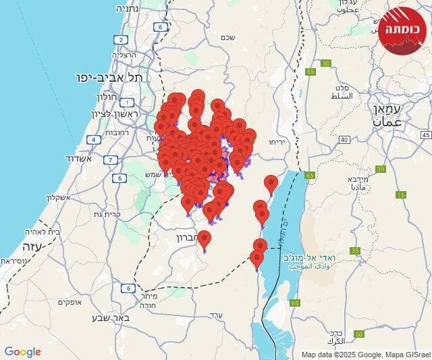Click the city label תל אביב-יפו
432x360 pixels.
(x=115, y=78)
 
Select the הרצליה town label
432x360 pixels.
(x=124, y=55)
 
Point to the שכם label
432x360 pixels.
(x=227, y=37)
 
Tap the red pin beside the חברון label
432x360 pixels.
(x=204, y=239)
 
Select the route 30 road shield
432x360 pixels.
(x=327, y=63)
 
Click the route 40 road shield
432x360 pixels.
(x=344, y=139)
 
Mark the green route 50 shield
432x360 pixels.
(x=359, y=333)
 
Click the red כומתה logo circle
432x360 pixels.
(x=404, y=30)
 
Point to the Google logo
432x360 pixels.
(x=22, y=352)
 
